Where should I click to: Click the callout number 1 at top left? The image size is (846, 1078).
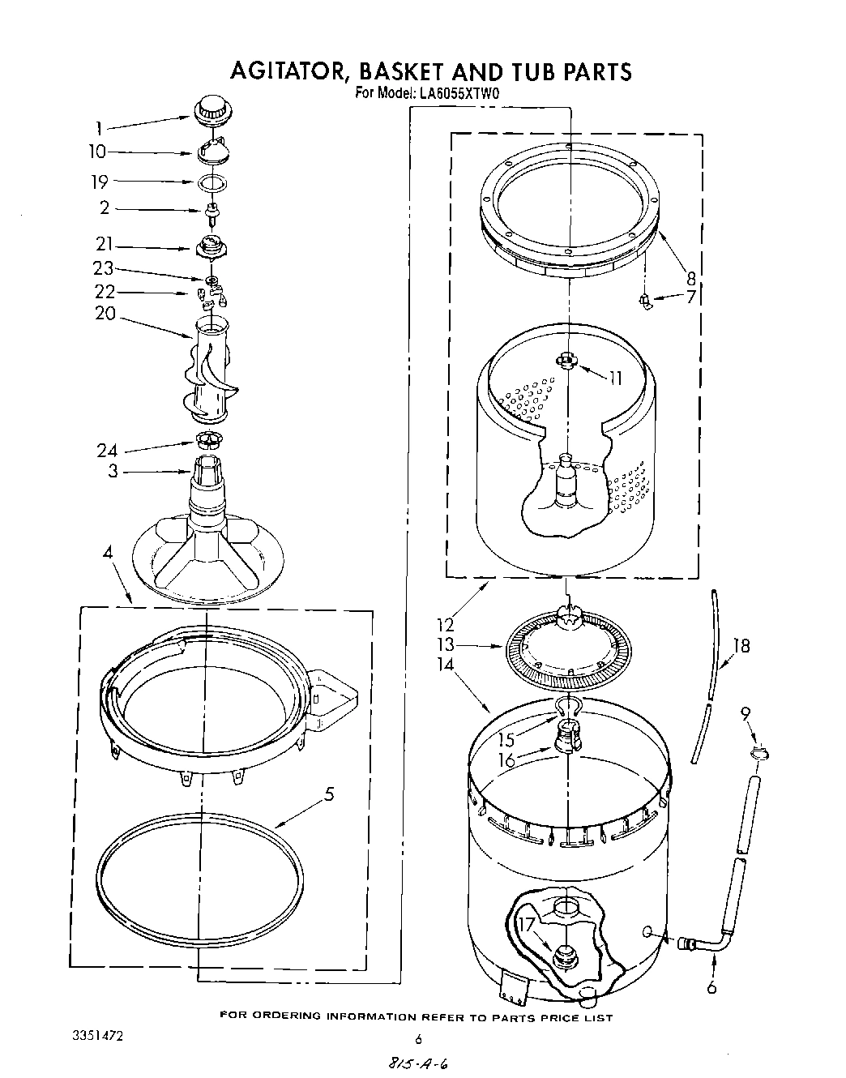coord(98,127)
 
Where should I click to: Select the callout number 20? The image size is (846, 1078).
coord(105,313)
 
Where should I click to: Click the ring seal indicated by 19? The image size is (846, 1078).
coord(211,182)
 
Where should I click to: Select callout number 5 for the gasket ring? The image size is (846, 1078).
coord(329,795)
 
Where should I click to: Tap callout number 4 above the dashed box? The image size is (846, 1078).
coord(107,554)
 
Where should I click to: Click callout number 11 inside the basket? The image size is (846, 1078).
coord(616,377)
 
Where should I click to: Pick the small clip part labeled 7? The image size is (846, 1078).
coord(646,302)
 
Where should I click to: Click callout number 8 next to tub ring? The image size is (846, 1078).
coord(690,279)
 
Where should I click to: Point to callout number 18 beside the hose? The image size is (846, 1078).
coord(741,645)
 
